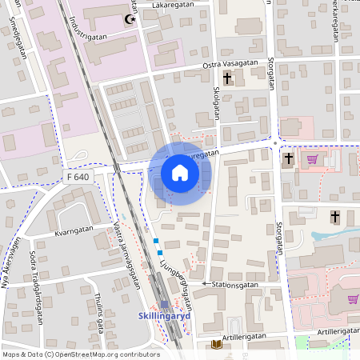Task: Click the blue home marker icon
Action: [180, 173]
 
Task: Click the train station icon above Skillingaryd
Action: [165, 305]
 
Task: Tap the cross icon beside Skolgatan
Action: [228, 78]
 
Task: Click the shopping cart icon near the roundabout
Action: [312, 158]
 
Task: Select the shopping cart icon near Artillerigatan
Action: [353, 298]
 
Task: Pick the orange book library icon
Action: [216, 345]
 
